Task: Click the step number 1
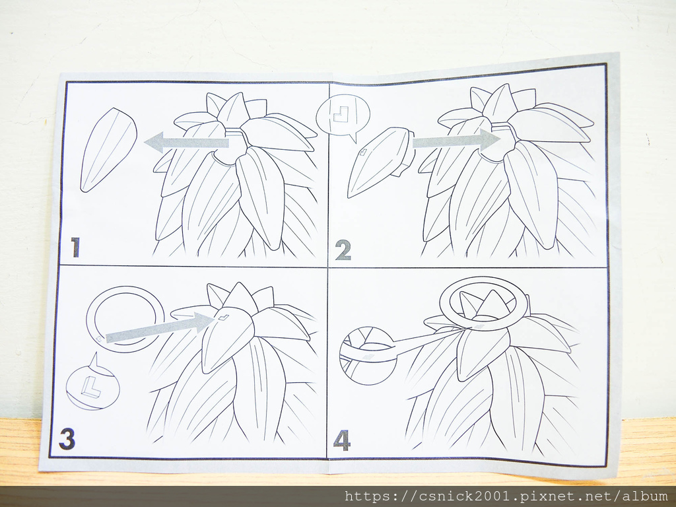click(x=75, y=247)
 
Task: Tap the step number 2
click(x=343, y=250)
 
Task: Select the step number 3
click(x=67, y=438)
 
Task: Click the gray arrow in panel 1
click(x=186, y=143)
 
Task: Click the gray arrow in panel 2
click(x=457, y=140)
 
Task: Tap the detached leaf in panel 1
click(x=109, y=150)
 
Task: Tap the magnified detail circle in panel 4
click(x=367, y=356)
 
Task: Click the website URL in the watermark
click(x=506, y=496)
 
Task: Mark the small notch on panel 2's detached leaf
click(x=363, y=151)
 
